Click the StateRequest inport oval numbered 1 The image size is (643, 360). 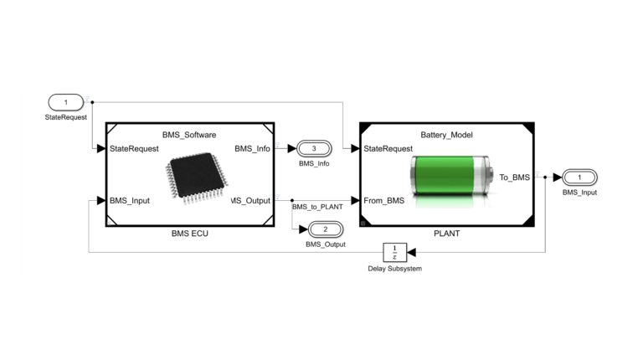point(65,102)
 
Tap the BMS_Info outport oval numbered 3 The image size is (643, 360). point(313,148)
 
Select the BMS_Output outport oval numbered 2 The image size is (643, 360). point(325,228)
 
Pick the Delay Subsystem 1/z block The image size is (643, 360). point(394,251)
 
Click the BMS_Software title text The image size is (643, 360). point(188,134)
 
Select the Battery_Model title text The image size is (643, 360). point(447,134)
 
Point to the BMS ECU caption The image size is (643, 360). point(188,234)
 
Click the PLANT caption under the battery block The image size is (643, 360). point(447,234)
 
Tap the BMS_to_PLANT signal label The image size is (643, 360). point(318,206)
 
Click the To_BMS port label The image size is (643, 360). point(514,177)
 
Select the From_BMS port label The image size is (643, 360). point(384,200)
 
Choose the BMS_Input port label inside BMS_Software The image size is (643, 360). point(130,200)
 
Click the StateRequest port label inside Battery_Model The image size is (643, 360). point(388,148)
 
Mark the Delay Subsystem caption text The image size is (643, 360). point(394,268)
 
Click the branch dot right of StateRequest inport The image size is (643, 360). point(92,102)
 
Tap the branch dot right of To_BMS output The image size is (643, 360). point(546,177)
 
